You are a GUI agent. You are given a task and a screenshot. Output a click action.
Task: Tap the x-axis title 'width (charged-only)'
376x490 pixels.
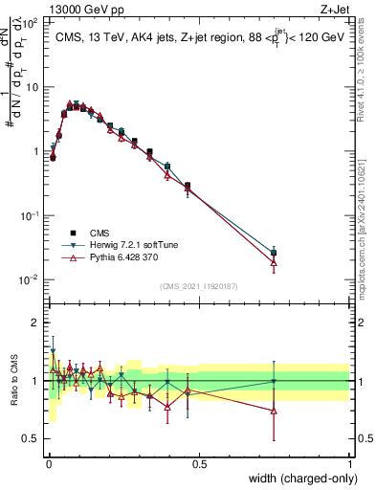(297, 479)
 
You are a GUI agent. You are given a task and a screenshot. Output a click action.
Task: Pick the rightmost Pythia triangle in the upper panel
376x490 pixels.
(274, 261)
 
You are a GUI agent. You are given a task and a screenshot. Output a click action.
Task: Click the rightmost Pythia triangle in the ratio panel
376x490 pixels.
(274, 411)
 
